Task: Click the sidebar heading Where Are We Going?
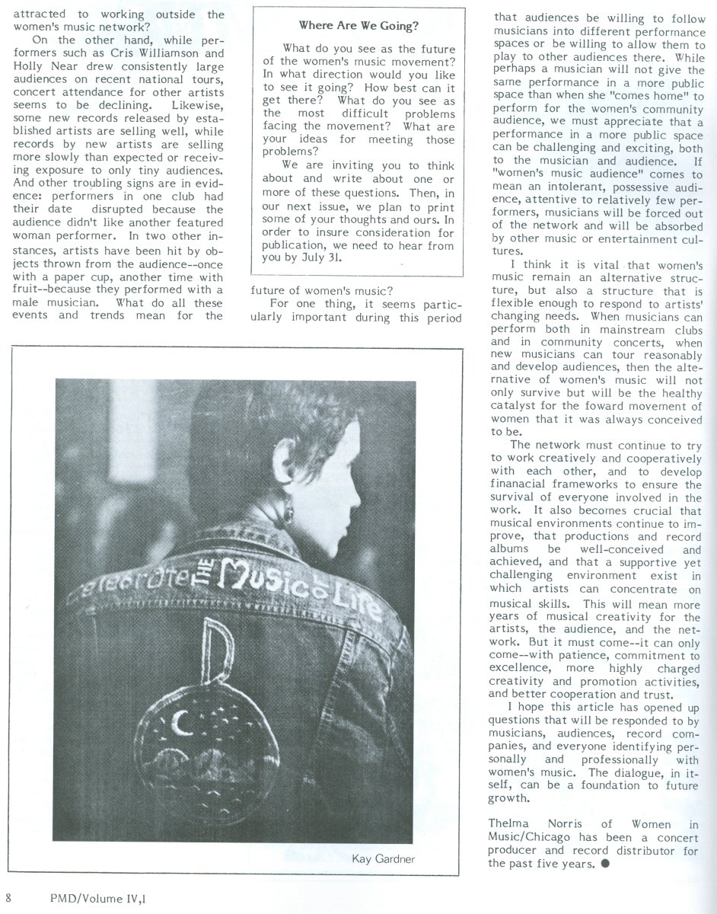pyautogui.click(x=358, y=26)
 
